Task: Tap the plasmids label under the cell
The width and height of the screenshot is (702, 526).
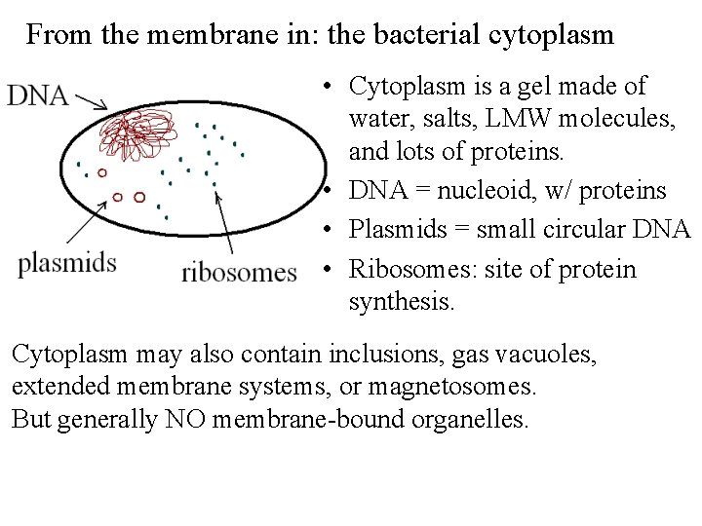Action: click(x=67, y=263)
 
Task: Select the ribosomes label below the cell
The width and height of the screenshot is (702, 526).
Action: click(x=239, y=272)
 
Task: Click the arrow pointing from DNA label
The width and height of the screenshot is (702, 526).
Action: click(x=92, y=100)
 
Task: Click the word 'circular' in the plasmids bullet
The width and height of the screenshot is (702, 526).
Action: click(x=591, y=231)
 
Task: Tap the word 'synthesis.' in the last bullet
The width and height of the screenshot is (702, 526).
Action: click(x=401, y=303)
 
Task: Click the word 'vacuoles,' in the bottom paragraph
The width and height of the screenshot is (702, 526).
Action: click(x=540, y=355)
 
